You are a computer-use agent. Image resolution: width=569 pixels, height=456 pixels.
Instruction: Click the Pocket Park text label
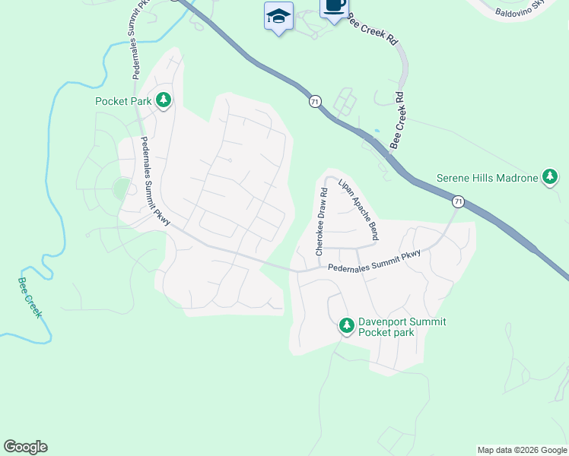[x=124, y=100]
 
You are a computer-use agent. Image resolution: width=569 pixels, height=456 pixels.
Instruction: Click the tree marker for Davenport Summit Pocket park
[x=347, y=327]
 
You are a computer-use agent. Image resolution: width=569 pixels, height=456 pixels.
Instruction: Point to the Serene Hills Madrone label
[x=487, y=179]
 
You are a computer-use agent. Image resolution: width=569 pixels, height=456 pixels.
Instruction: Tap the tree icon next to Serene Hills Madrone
[x=550, y=178]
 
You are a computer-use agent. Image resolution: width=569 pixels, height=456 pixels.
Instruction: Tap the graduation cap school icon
[x=279, y=16]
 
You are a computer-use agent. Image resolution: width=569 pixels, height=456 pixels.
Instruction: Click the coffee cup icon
[x=334, y=8]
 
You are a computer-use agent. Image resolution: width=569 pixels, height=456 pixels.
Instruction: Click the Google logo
[x=25, y=447]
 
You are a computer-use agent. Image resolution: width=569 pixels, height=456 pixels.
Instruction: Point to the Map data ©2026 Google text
[x=522, y=450]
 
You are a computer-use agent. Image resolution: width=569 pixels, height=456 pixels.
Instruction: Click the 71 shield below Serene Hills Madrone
[x=457, y=201]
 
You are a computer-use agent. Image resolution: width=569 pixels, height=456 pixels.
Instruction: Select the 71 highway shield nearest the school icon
[x=314, y=101]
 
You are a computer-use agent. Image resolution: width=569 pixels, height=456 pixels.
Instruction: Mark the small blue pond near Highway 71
[x=376, y=131]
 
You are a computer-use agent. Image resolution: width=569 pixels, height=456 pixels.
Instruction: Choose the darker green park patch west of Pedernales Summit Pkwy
[x=121, y=188]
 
